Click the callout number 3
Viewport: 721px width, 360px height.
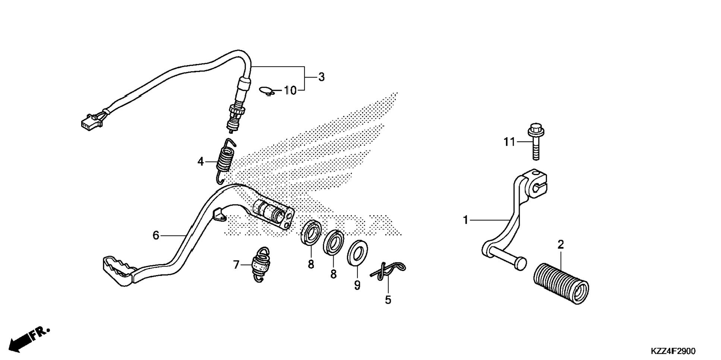tap(321, 77)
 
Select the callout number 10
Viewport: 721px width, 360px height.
tap(290, 90)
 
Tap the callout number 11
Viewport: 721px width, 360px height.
tap(509, 142)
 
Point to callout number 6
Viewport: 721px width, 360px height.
tap(156, 235)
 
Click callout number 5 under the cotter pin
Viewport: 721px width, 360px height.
tap(388, 300)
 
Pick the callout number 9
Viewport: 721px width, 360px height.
tap(357, 285)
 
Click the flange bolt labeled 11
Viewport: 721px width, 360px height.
tap(536, 141)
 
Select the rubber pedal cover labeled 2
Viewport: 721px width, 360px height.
tap(562, 284)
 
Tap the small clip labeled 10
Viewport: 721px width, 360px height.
tap(267, 91)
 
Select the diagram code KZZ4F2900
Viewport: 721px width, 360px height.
tap(673, 351)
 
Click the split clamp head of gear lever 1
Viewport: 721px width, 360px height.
tap(535, 184)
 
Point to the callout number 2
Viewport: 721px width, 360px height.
tap(561, 245)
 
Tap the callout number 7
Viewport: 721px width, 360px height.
tap(236, 265)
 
